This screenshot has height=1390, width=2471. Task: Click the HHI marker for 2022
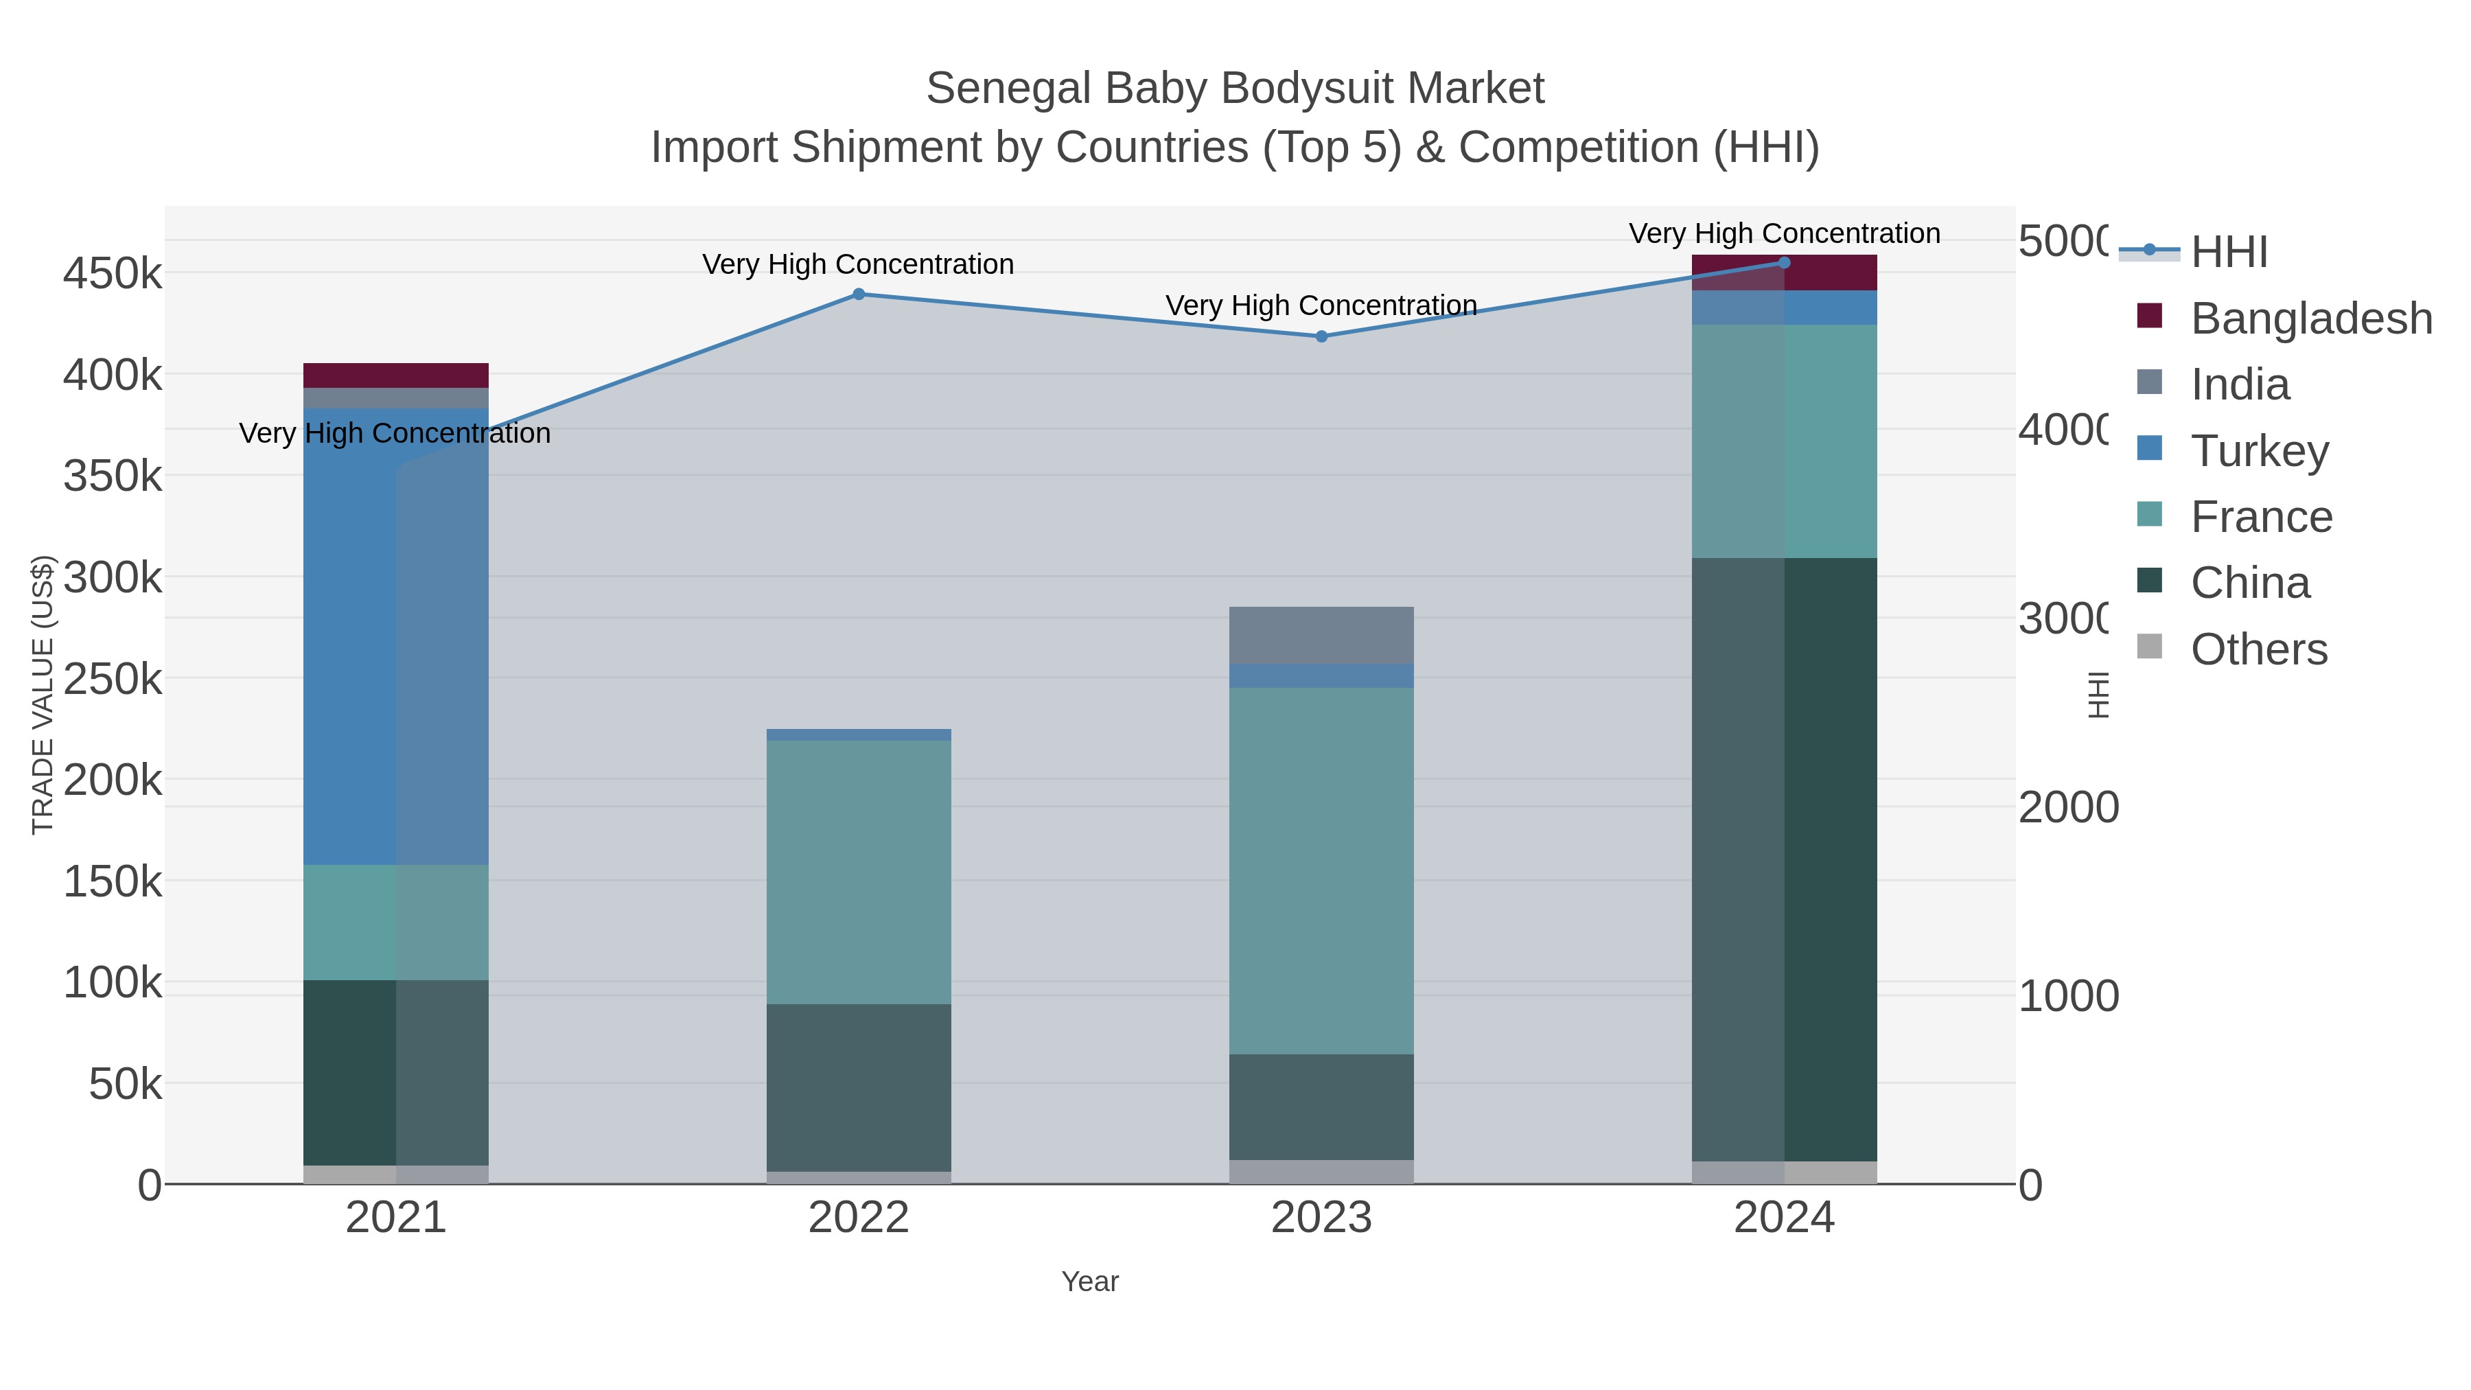point(859,294)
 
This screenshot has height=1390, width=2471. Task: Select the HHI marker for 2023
point(1321,337)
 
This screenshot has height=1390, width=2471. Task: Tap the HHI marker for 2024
point(1784,263)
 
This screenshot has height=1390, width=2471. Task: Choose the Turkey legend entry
point(2259,451)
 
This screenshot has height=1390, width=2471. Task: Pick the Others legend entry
point(2258,649)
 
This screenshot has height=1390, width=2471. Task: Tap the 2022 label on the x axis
point(859,1218)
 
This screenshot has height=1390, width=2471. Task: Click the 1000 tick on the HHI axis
point(2068,997)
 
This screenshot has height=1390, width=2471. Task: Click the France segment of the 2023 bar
point(1321,871)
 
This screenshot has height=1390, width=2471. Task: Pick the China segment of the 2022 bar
point(859,1088)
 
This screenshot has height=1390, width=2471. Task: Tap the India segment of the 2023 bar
point(1321,635)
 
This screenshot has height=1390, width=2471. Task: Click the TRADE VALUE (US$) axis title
point(43,695)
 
